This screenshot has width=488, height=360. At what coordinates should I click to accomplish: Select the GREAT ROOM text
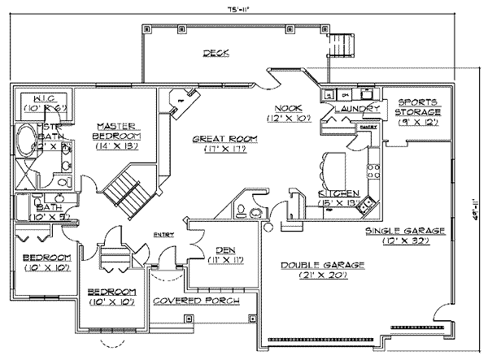click(213, 140)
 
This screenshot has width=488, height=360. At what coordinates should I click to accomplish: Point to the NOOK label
click(287, 107)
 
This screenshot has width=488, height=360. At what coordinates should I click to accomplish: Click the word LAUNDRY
click(358, 107)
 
